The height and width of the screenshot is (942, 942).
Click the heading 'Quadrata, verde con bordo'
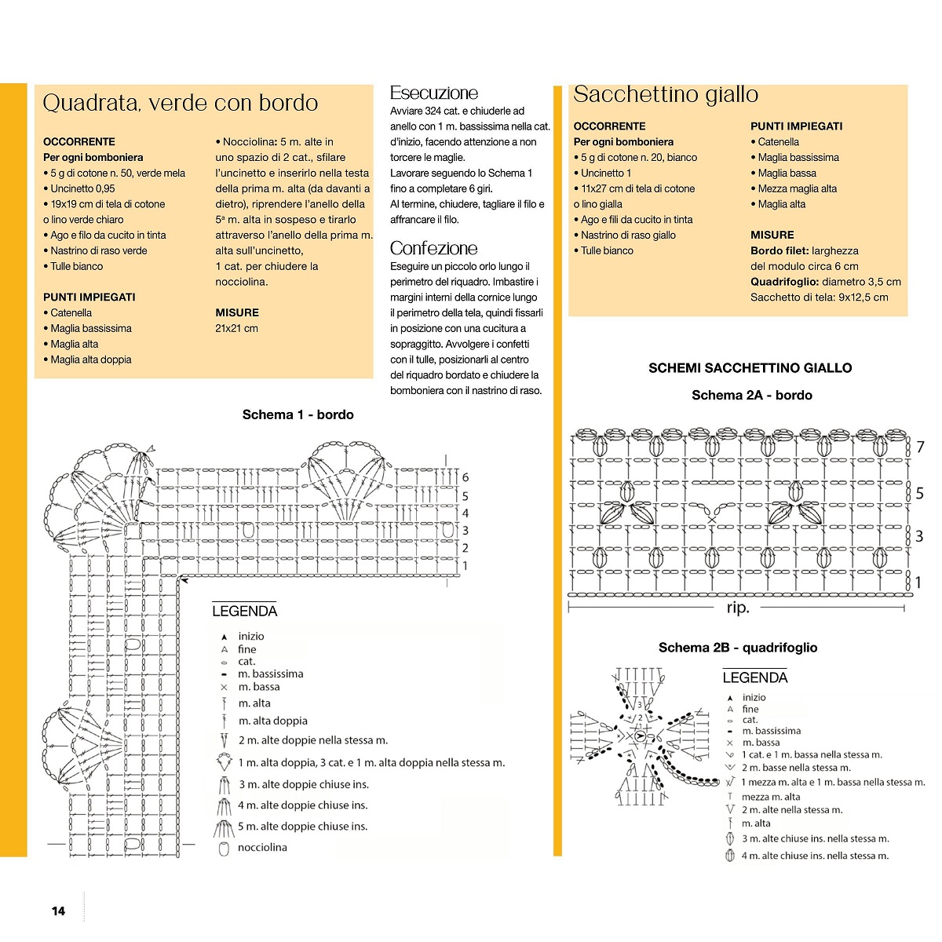coord(180,103)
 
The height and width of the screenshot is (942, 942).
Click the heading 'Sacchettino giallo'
coord(666,94)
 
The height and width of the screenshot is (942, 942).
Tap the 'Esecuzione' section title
coord(433,93)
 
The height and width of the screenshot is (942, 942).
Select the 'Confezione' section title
coord(433,248)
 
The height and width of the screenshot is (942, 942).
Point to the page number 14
coord(58,911)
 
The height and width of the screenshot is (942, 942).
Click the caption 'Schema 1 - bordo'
coord(298,414)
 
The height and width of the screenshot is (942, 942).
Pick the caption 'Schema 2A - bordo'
coord(751,395)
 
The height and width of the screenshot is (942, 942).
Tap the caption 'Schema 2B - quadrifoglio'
coord(738,648)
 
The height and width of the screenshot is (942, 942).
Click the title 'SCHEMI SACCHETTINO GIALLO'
coord(750,367)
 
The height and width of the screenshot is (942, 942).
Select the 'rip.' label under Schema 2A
coord(738,608)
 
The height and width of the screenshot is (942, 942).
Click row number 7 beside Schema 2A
coord(920,447)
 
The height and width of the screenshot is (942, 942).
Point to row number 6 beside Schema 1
coord(466,477)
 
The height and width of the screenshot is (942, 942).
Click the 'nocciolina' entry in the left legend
coord(262,848)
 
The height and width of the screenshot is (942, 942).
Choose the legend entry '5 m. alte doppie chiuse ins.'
coord(303,827)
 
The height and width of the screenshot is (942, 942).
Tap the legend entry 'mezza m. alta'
coord(771,797)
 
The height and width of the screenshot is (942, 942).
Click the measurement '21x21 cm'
coord(236,328)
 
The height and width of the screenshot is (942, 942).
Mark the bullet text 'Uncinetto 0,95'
coord(82,188)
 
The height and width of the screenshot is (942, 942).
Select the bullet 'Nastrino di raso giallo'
coord(628,235)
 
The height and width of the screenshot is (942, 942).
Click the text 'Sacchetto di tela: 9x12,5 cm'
coord(819,298)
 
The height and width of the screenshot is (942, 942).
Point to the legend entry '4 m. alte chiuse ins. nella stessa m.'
coord(815,856)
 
